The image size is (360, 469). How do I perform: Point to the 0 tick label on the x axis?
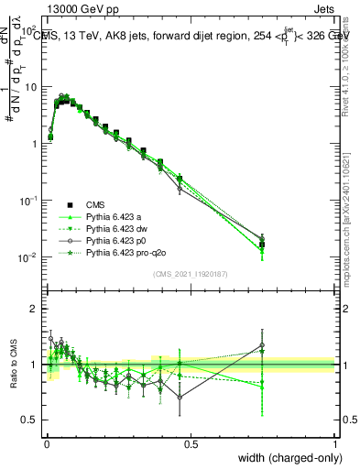(45, 444)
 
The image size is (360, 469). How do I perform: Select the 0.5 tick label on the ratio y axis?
(30, 420)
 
